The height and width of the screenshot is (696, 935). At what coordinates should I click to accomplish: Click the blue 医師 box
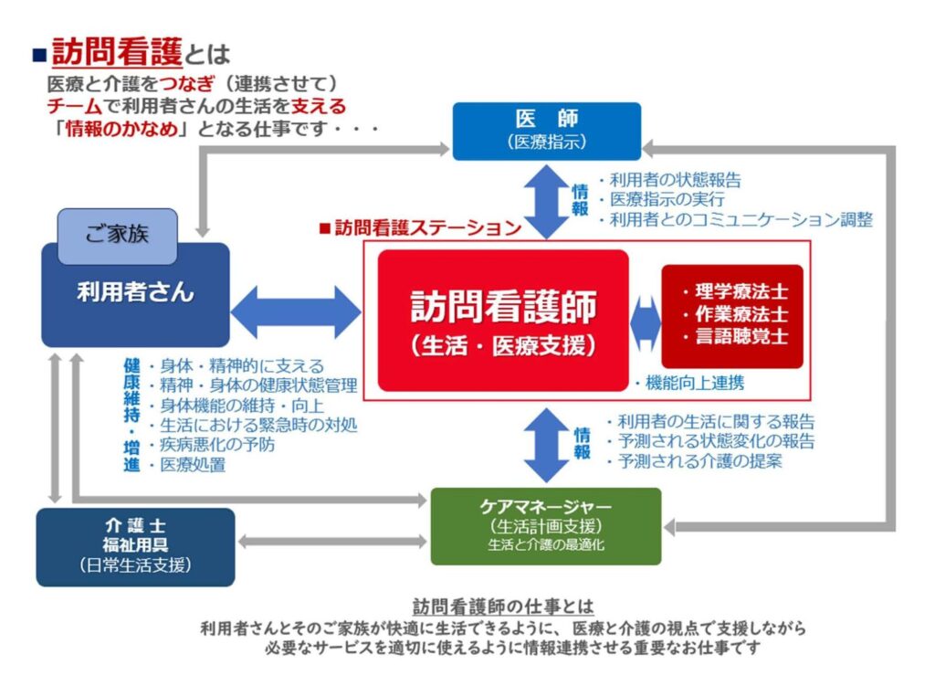click(546, 131)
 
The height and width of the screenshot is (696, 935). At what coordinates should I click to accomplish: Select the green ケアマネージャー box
click(545, 526)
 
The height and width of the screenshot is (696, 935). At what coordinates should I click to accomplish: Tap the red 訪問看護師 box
click(503, 320)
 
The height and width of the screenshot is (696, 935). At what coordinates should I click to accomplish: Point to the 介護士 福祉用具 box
click(135, 546)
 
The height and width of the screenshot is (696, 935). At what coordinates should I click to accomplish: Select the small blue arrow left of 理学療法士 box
click(646, 321)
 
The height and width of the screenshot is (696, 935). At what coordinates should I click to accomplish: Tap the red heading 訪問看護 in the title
click(117, 51)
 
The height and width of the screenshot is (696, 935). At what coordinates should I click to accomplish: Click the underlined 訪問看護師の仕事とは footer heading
click(503, 606)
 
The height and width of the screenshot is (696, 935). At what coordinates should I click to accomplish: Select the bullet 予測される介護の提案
click(699, 461)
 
